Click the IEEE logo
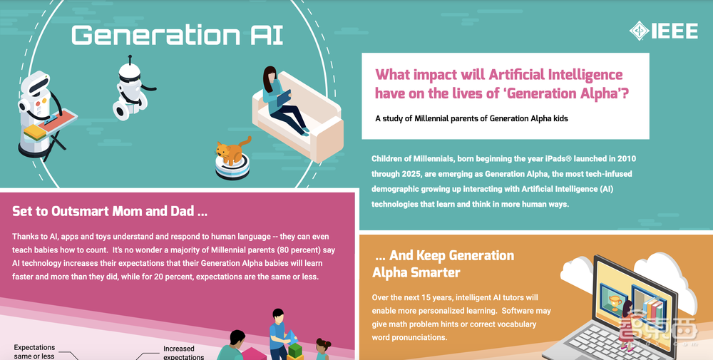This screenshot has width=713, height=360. tap(663, 31)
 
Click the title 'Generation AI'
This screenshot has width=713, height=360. tap(178, 35)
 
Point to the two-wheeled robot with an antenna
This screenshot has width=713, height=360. tap(131, 88)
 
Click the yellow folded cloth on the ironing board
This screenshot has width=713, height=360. tap(35, 133)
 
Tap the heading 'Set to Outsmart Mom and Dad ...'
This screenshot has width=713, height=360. tap(110, 211)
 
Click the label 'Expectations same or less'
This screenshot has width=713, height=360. tap(34, 352)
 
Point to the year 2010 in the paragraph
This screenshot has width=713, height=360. tap(627, 159)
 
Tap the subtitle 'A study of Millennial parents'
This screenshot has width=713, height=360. tap(471, 118)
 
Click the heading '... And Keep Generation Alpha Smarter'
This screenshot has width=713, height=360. tap(443, 264)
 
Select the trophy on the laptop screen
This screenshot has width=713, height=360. tap(615, 302)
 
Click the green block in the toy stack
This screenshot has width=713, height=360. tap(295, 350)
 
